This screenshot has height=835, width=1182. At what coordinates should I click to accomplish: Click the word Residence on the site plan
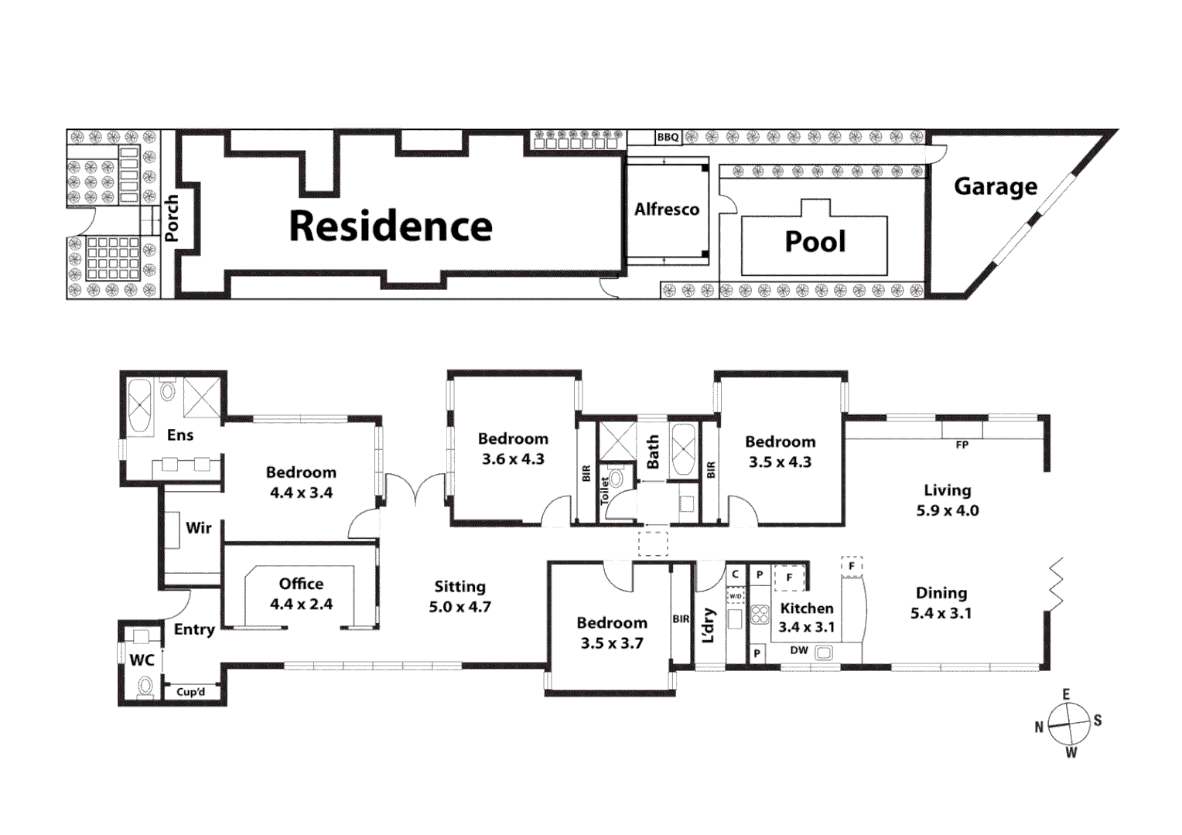tap(390, 227)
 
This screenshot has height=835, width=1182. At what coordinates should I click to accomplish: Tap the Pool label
tap(815, 242)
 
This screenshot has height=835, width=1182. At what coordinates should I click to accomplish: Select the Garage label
tap(995, 186)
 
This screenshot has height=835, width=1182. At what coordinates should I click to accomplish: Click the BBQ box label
tap(668, 138)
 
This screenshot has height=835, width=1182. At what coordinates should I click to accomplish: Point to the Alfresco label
tap(666, 210)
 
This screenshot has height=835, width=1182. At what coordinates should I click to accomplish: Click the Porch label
tap(172, 218)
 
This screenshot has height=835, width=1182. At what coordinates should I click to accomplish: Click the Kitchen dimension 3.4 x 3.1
tap(806, 627)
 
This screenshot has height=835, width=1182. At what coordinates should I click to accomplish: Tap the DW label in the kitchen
tap(799, 651)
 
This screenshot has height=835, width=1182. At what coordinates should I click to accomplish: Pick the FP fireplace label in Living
tap(962, 445)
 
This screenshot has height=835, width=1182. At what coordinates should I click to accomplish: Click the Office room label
tap(301, 584)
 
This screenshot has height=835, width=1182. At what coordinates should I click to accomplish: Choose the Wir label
tap(198, 528)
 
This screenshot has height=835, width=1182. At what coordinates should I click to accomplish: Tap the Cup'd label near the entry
tap(190, 692)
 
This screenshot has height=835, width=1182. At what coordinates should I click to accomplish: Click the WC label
tap(142, 660)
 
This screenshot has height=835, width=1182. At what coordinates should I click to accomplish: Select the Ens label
tap(180, 435)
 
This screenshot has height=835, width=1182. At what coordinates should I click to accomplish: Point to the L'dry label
tap(709, 625)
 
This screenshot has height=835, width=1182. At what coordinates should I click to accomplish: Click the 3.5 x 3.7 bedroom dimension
tap(611, 643)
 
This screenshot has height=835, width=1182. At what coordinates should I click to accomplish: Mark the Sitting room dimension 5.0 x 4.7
tap(459, 607)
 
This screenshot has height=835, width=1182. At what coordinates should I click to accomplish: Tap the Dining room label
tap(941, 593)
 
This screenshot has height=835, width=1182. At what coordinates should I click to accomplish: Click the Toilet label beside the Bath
tap(605, 491)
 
